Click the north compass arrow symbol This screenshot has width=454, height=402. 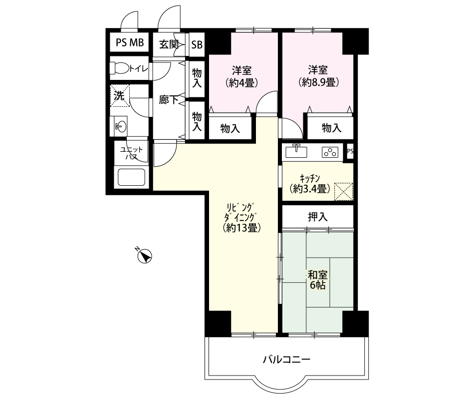(144, 256)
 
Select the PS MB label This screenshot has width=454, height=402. (130, 42)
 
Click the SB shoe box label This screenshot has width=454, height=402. (197, 44)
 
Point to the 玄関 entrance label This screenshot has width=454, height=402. (169, 44)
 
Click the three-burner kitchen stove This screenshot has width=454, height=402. (330, 152)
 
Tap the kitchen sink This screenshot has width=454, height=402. (296, 151)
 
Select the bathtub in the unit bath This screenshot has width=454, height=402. (131, 177)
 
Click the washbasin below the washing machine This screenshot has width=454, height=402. (120, 126)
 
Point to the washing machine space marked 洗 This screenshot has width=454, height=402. (120, 96)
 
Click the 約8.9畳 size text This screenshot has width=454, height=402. (318, 83)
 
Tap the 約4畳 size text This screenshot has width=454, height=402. (241, 83)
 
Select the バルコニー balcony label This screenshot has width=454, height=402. (287, 360)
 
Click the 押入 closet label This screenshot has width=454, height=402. (318, 217)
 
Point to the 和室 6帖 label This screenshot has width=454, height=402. (318, 280)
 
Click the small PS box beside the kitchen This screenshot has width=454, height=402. (350, 151)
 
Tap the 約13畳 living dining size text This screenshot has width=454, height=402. (242, 228)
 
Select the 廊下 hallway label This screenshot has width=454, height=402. (169, 100)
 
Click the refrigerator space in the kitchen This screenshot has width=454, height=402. (344, 192)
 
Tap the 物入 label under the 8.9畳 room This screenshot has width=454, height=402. (332, 128)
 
